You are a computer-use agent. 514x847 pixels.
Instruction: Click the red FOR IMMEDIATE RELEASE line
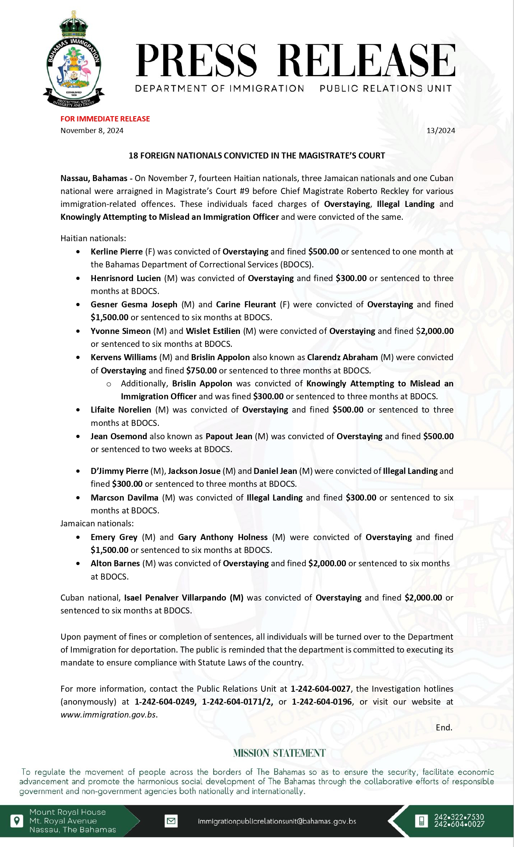tap(105, 119)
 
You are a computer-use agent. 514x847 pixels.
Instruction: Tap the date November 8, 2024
tap(92, 130)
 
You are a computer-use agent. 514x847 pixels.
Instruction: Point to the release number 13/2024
tap(441, 130)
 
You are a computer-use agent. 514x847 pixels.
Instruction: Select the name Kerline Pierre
tap(117, 252)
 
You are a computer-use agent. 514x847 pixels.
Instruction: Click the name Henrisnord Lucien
tap(125, 278)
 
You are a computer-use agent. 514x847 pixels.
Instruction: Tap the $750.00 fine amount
tap(201, 370)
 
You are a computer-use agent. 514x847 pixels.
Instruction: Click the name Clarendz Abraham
tap(342, 357)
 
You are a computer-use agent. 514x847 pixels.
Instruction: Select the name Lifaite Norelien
tap(121, 409)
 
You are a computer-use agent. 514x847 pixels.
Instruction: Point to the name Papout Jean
tap(229, 436)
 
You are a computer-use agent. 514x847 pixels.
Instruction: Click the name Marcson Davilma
tap(124, 497)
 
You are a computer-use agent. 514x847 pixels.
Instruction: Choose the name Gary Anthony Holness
tap(223, 537)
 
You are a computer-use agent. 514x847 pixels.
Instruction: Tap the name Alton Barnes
tap(115, 563)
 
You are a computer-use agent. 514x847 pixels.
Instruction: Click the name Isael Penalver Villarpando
tap(183, 597)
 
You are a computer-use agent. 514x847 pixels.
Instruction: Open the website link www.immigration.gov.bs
tap(108, 714)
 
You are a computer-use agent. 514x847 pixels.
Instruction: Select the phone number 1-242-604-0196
tap(322, 701)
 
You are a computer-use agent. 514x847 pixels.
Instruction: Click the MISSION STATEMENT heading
tap(279, 753)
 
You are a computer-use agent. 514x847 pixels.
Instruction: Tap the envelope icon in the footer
tap(171, 821)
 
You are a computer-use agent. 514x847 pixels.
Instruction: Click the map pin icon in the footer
tap(17, 821)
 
